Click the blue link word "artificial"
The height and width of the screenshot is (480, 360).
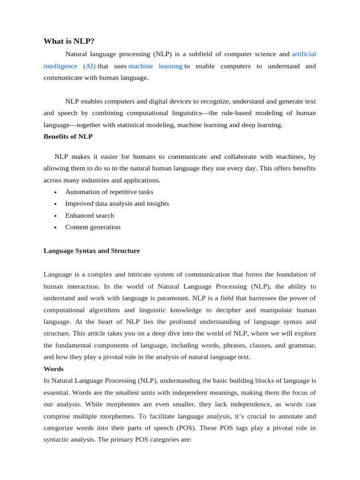click(304, 54)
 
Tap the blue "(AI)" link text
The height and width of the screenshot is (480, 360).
click(89, 66)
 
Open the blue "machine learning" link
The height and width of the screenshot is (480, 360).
click(155, 66)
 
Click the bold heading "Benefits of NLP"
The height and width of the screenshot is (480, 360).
click(68, 136)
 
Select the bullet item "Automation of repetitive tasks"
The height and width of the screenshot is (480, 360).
click(109, 192)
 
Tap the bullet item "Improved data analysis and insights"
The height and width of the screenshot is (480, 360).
click(117, 203)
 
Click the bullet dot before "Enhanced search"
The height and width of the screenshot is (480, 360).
click(55, 216)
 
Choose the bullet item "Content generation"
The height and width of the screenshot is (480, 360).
click(93, 227)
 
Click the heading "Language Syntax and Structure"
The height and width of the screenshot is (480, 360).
click(91, 251)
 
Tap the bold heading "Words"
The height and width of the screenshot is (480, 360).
click(53, 369)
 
